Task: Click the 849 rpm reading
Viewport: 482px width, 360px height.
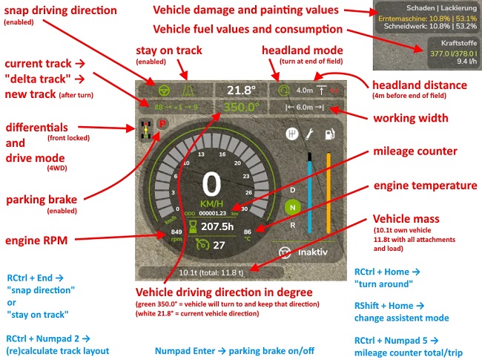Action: tap(176, 236)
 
